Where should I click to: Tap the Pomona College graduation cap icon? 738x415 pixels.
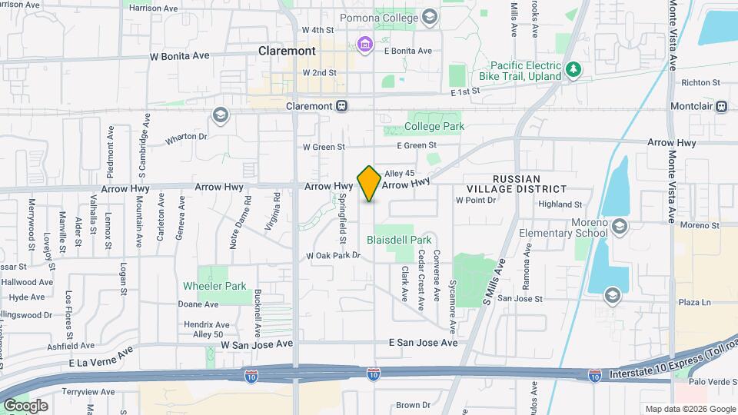click(x=430, y=16)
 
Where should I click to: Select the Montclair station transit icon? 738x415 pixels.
click(x=721, y=106)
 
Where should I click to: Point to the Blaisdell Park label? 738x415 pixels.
click(x=399, y=240)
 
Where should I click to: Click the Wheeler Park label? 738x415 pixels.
click(x=214, y=286)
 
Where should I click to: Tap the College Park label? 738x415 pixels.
click(x=434, y=126)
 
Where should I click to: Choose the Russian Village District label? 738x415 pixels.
click(x=517, y=184)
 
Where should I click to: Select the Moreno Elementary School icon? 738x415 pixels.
click(x=620, y=225)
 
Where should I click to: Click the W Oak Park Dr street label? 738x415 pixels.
click(x=334, y=256)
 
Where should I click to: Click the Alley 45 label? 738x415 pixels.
click(x=399, y=173)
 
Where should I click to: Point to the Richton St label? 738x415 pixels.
click(x=700, y=82)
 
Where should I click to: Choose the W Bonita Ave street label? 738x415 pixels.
click(x=179, y=56)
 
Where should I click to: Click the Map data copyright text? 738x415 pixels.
click(x=690, y=409)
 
